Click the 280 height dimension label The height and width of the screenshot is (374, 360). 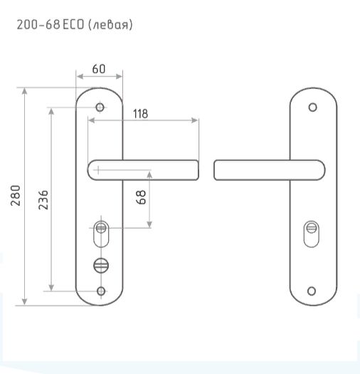[x=16, y=195]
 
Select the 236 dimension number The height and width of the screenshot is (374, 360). [x=43, y=200]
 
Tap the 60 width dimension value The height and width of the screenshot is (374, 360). [x=99, y=69]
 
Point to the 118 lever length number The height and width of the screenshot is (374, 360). [x=141, y=114]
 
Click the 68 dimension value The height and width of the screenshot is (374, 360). [x=141, y=197]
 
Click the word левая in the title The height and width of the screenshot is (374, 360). [x=110, y=25]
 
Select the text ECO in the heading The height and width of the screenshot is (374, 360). [x=73, y=24]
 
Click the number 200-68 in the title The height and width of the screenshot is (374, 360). [x=38, y=24]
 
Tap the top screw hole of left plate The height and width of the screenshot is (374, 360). [x=100, y=108]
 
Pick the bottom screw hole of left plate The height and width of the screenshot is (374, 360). [x=101, y=291]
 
